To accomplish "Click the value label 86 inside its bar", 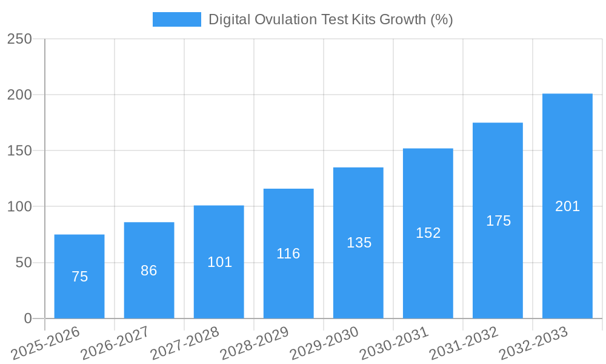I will tap(149, 271).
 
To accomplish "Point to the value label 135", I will tap(359, 243).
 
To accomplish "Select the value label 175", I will tap(498, 221).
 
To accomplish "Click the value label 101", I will tap(219, 262).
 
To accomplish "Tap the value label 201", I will tap(567, 206).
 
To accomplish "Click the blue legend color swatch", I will tap(176, 19).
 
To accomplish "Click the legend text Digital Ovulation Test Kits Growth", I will tap(330, 19).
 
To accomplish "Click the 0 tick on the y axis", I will tap(28, 318).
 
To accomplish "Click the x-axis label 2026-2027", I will tap(115, 343).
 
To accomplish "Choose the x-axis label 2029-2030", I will tap(324, 343).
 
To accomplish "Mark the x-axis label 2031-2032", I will tap(464, 343).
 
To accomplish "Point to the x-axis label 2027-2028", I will tap(185, 343).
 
